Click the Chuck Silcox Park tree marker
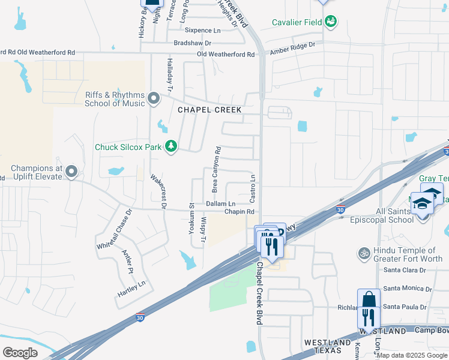point(171,146)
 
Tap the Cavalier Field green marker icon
point(330,22)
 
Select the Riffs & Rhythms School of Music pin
point(154,98)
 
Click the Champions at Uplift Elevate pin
point(71,172)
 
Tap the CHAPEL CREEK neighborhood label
point(209,110)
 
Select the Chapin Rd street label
point(240,212)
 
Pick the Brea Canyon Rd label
point(216,169)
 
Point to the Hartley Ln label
point(132,291)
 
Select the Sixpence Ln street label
point(203,30)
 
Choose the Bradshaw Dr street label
point(193,43)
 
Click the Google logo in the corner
point(20,353)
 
